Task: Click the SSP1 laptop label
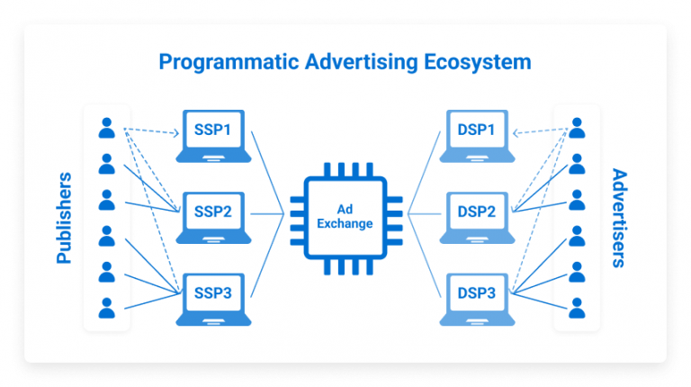click(x=213, y=130)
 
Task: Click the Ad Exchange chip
click(x=345, y=215)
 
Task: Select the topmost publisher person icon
click(x=107, y=129)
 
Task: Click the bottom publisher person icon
click(x=107, y=306)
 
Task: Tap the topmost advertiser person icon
click(x=576, y=129)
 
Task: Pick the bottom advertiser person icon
click(x=576, y=306)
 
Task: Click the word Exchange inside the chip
click(x=345, y=223)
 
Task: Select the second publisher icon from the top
click(x=107, y=164)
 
